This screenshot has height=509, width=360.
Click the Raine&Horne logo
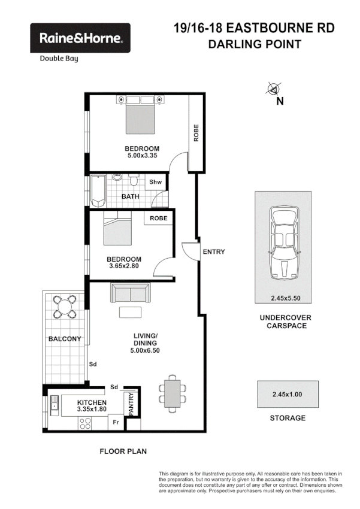point(80,38)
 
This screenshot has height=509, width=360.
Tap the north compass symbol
point(274,89)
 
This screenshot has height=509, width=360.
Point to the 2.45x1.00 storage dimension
point(288,394)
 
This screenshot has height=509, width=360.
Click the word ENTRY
point(214,252)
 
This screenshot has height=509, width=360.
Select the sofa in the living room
point(131,293)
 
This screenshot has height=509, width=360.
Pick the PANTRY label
point(132,404)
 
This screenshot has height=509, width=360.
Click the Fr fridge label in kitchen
point(117,422)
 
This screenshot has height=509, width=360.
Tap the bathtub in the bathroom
point(98,189)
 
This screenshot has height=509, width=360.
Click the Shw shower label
point(155,182)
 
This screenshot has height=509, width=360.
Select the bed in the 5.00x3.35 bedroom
point(141,117)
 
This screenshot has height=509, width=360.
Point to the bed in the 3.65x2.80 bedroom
point(116,229)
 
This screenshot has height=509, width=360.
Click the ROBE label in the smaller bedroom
point(159,219)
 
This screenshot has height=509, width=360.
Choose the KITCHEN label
point(92,402)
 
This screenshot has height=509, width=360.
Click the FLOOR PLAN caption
point(123,452)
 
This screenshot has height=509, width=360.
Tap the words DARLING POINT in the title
point(253,44)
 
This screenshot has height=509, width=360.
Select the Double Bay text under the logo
point(59,59)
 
